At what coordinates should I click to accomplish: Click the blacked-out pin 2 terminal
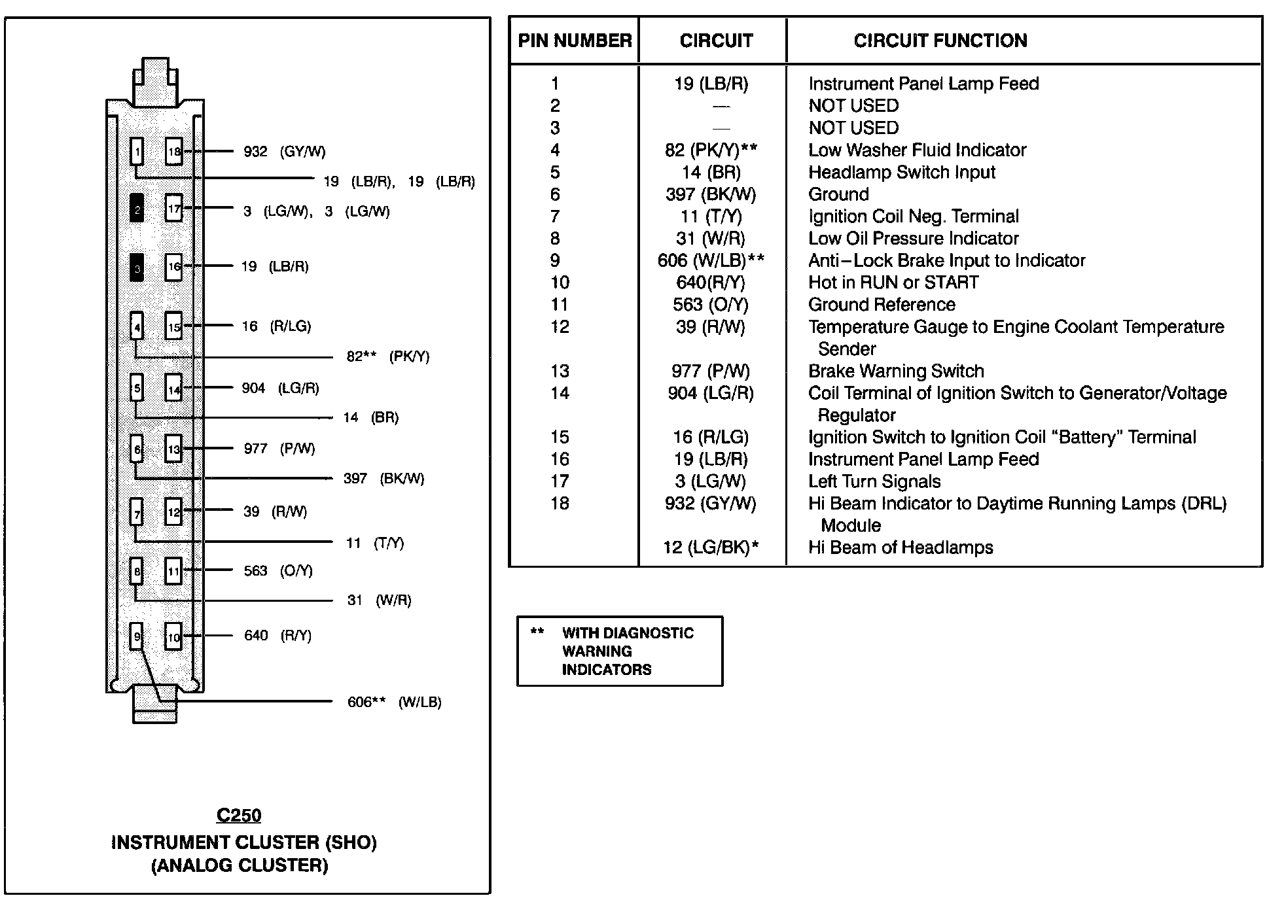137,209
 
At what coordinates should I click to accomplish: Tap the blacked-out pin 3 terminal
137,268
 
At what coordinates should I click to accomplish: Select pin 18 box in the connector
173,151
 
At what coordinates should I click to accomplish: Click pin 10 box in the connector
173,636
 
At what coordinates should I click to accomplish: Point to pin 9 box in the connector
137,636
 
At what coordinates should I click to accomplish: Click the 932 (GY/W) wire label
284,152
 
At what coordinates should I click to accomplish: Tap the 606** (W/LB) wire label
394,702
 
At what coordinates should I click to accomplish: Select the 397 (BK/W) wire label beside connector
384,479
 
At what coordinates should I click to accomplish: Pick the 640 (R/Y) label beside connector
277,636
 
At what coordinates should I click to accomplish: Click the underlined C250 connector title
239,816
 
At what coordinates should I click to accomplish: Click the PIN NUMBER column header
575,41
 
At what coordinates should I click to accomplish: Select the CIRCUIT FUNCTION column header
940,41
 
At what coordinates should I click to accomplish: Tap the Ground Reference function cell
882,305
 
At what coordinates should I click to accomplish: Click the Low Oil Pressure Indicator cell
913,239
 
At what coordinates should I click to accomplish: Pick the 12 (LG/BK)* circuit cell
711,547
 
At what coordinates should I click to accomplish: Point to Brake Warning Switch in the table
896,372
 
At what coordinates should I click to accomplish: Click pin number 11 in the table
560,305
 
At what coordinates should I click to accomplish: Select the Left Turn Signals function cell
874,482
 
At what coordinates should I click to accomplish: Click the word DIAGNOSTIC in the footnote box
628,633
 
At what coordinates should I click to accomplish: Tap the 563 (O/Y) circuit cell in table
711,305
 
